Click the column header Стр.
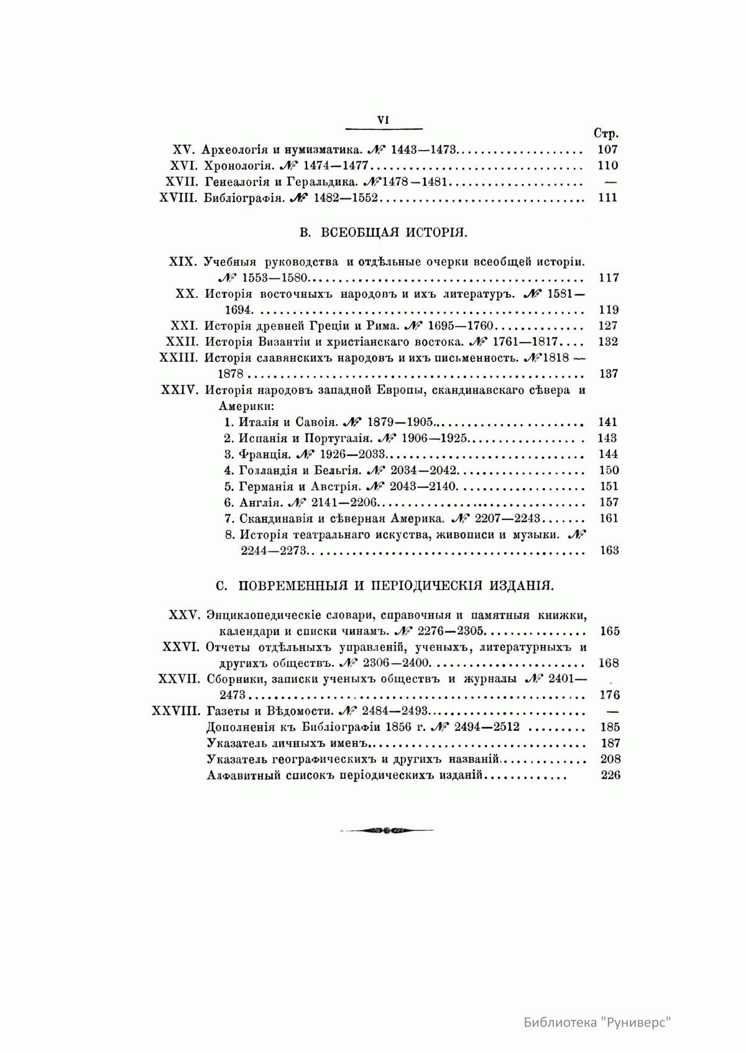pos(606,134)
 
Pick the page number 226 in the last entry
pos(610,776)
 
